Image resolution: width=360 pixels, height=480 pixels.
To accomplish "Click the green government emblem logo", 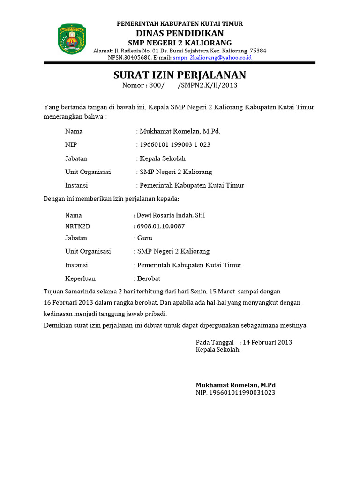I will [x=72, y=39].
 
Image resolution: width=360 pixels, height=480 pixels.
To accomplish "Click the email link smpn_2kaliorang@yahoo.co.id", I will [x=212, y=58].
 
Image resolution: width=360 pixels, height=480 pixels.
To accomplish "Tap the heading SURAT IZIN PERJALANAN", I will [x=180, y=75].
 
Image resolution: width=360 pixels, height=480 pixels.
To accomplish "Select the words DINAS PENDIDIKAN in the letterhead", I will [x=180, y=33].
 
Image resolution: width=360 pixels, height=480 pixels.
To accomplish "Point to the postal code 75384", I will [x=258, y=51].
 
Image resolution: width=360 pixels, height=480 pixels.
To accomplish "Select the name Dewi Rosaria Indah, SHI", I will [x=171, y=215].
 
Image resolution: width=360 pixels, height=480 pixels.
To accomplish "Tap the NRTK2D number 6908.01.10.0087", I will [x=160, y=226].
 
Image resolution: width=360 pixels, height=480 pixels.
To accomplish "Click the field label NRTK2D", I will [x=77, y=226].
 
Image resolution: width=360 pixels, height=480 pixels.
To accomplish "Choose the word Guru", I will [x=144, y=238].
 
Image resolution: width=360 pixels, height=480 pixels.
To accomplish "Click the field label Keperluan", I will [x=80, y=278].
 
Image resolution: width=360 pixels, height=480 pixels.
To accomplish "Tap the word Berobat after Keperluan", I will [x=149, y=278].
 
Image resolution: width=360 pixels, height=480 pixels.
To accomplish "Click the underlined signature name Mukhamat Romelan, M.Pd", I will [x=235, y=385].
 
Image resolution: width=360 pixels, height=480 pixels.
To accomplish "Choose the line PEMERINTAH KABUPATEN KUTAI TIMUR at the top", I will [x=180, y=24].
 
